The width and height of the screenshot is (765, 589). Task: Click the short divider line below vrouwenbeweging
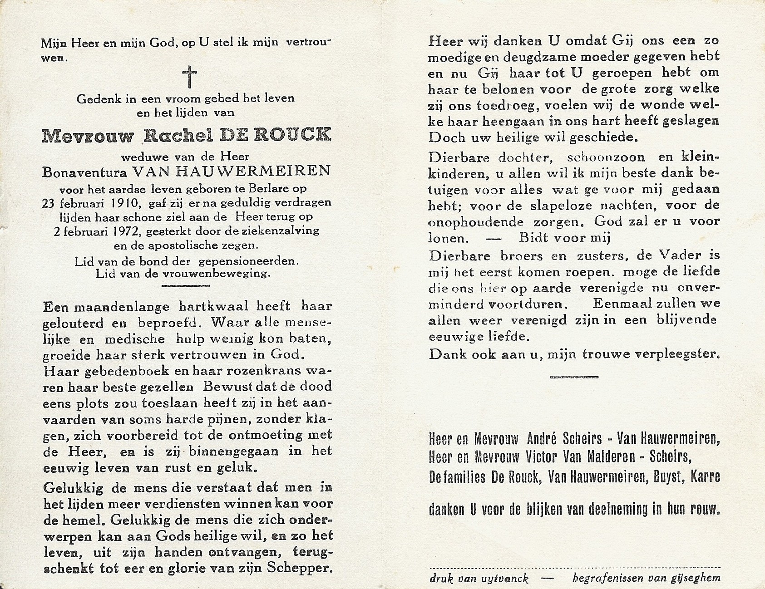[186, 285]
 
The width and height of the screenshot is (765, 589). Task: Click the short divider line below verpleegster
[574, 377]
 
